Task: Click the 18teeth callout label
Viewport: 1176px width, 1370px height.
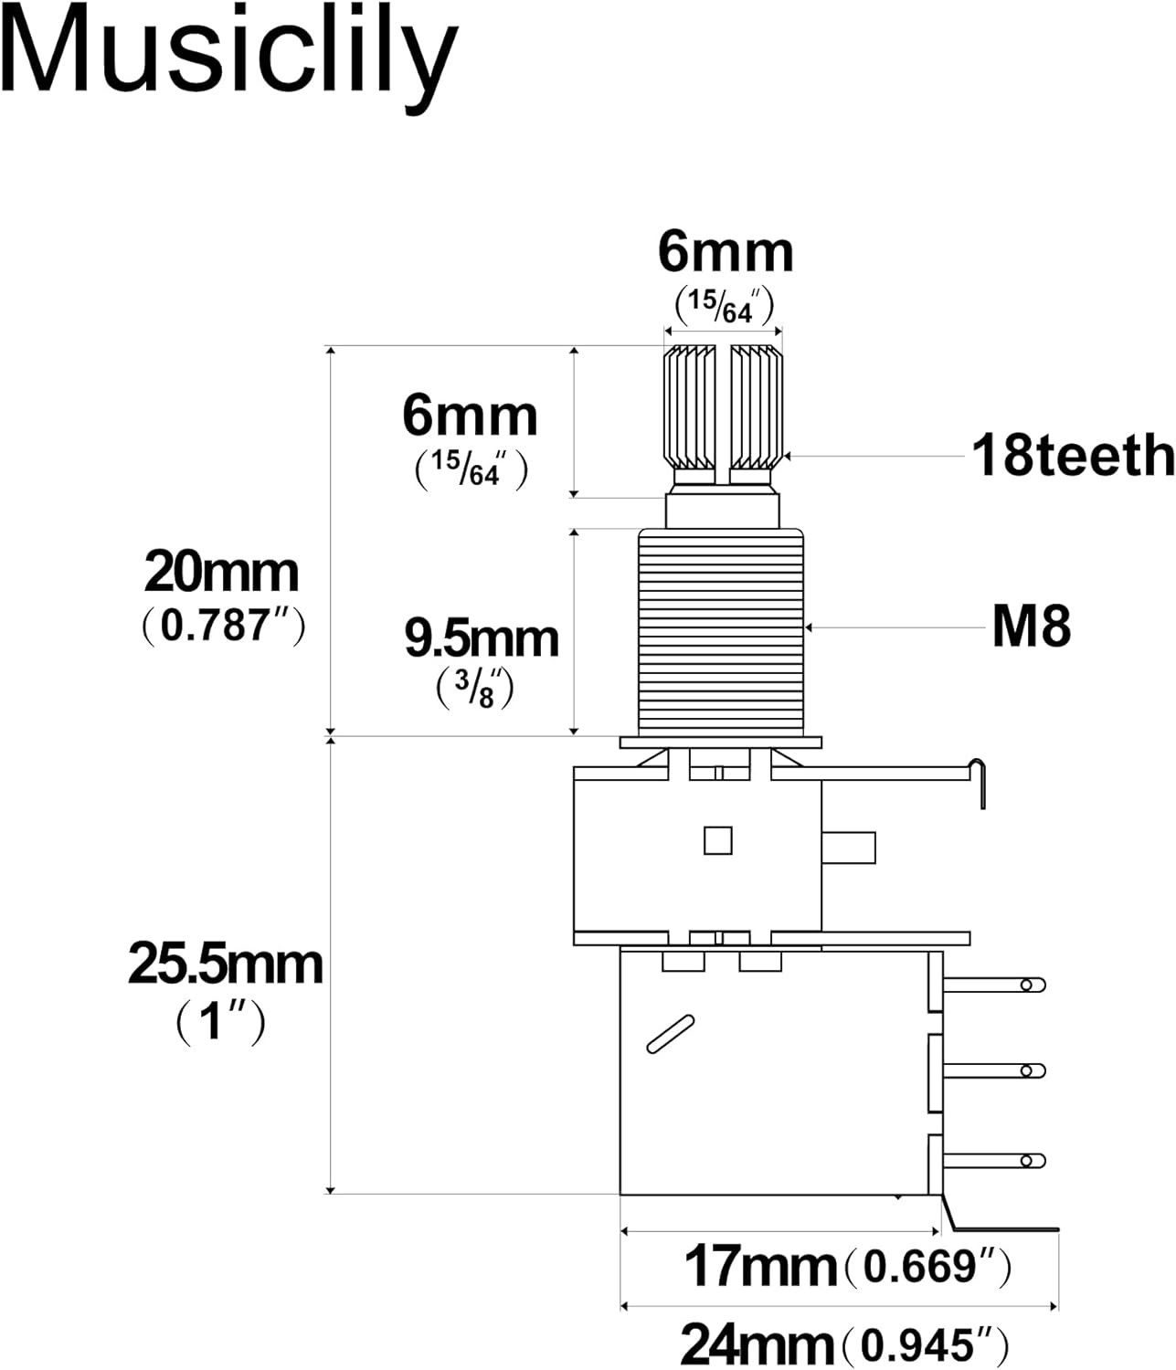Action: point(1072,455)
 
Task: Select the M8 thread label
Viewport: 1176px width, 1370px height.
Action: point(1031,627)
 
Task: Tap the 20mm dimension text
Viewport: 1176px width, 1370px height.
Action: point(221,574)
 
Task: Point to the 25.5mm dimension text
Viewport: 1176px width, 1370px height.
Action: point(225,964)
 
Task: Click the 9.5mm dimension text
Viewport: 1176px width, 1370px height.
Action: point(482,638)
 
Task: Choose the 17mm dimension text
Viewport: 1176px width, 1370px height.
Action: point(759,1267)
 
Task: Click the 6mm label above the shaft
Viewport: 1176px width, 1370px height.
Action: point(726,253)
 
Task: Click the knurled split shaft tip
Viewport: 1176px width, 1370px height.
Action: point(723,406)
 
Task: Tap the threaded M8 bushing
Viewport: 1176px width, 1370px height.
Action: point(721,633)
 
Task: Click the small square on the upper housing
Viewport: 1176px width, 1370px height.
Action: point(717,840)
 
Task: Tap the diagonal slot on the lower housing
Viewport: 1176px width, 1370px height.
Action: point(670,1034)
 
